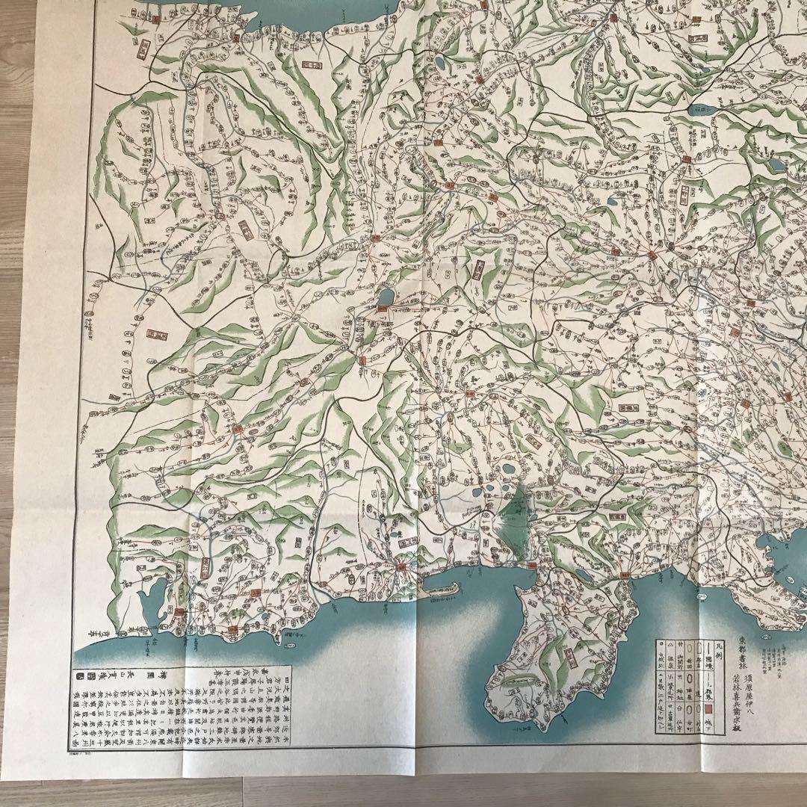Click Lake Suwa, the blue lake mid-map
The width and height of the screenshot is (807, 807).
[386, 297]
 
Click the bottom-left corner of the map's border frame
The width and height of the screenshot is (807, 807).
[69, 750]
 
